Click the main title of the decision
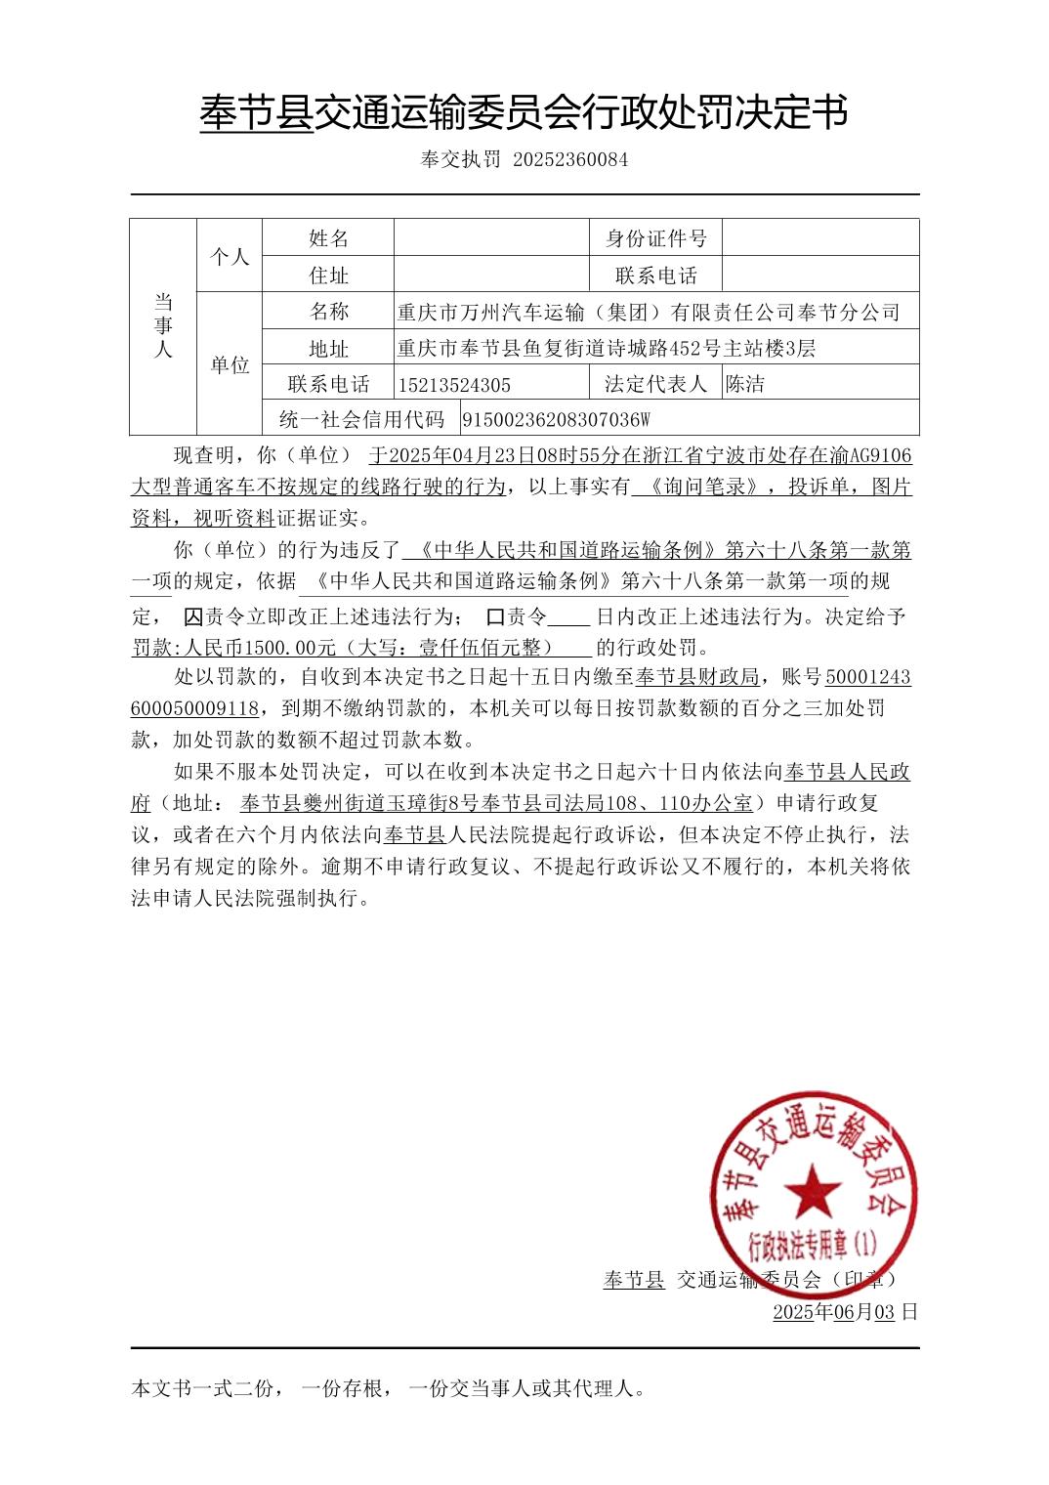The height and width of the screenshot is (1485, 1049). [524, 113]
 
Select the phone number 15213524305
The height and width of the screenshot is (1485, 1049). [454, 385]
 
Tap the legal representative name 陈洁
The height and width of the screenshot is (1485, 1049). [745, 384]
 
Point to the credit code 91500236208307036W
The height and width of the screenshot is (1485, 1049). [555, 420]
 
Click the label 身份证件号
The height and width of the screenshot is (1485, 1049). [655, 238]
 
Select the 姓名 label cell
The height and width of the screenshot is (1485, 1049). [328, 238]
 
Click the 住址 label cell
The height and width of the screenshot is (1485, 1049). [328, 276]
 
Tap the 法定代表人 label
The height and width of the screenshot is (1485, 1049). [655, 384]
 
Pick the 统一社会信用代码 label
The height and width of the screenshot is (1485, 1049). [361, 420]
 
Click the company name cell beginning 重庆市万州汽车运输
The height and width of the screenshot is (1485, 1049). [649, 313]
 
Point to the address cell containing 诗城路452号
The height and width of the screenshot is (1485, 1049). [607, 349]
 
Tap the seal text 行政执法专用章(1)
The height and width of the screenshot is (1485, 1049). [813, 1245]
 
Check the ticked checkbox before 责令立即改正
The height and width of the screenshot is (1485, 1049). [193, 617]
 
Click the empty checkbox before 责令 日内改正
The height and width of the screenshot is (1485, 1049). [495, 617]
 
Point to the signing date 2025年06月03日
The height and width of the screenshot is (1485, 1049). [845, 1312]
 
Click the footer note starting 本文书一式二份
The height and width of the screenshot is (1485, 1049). [389, 1387]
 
